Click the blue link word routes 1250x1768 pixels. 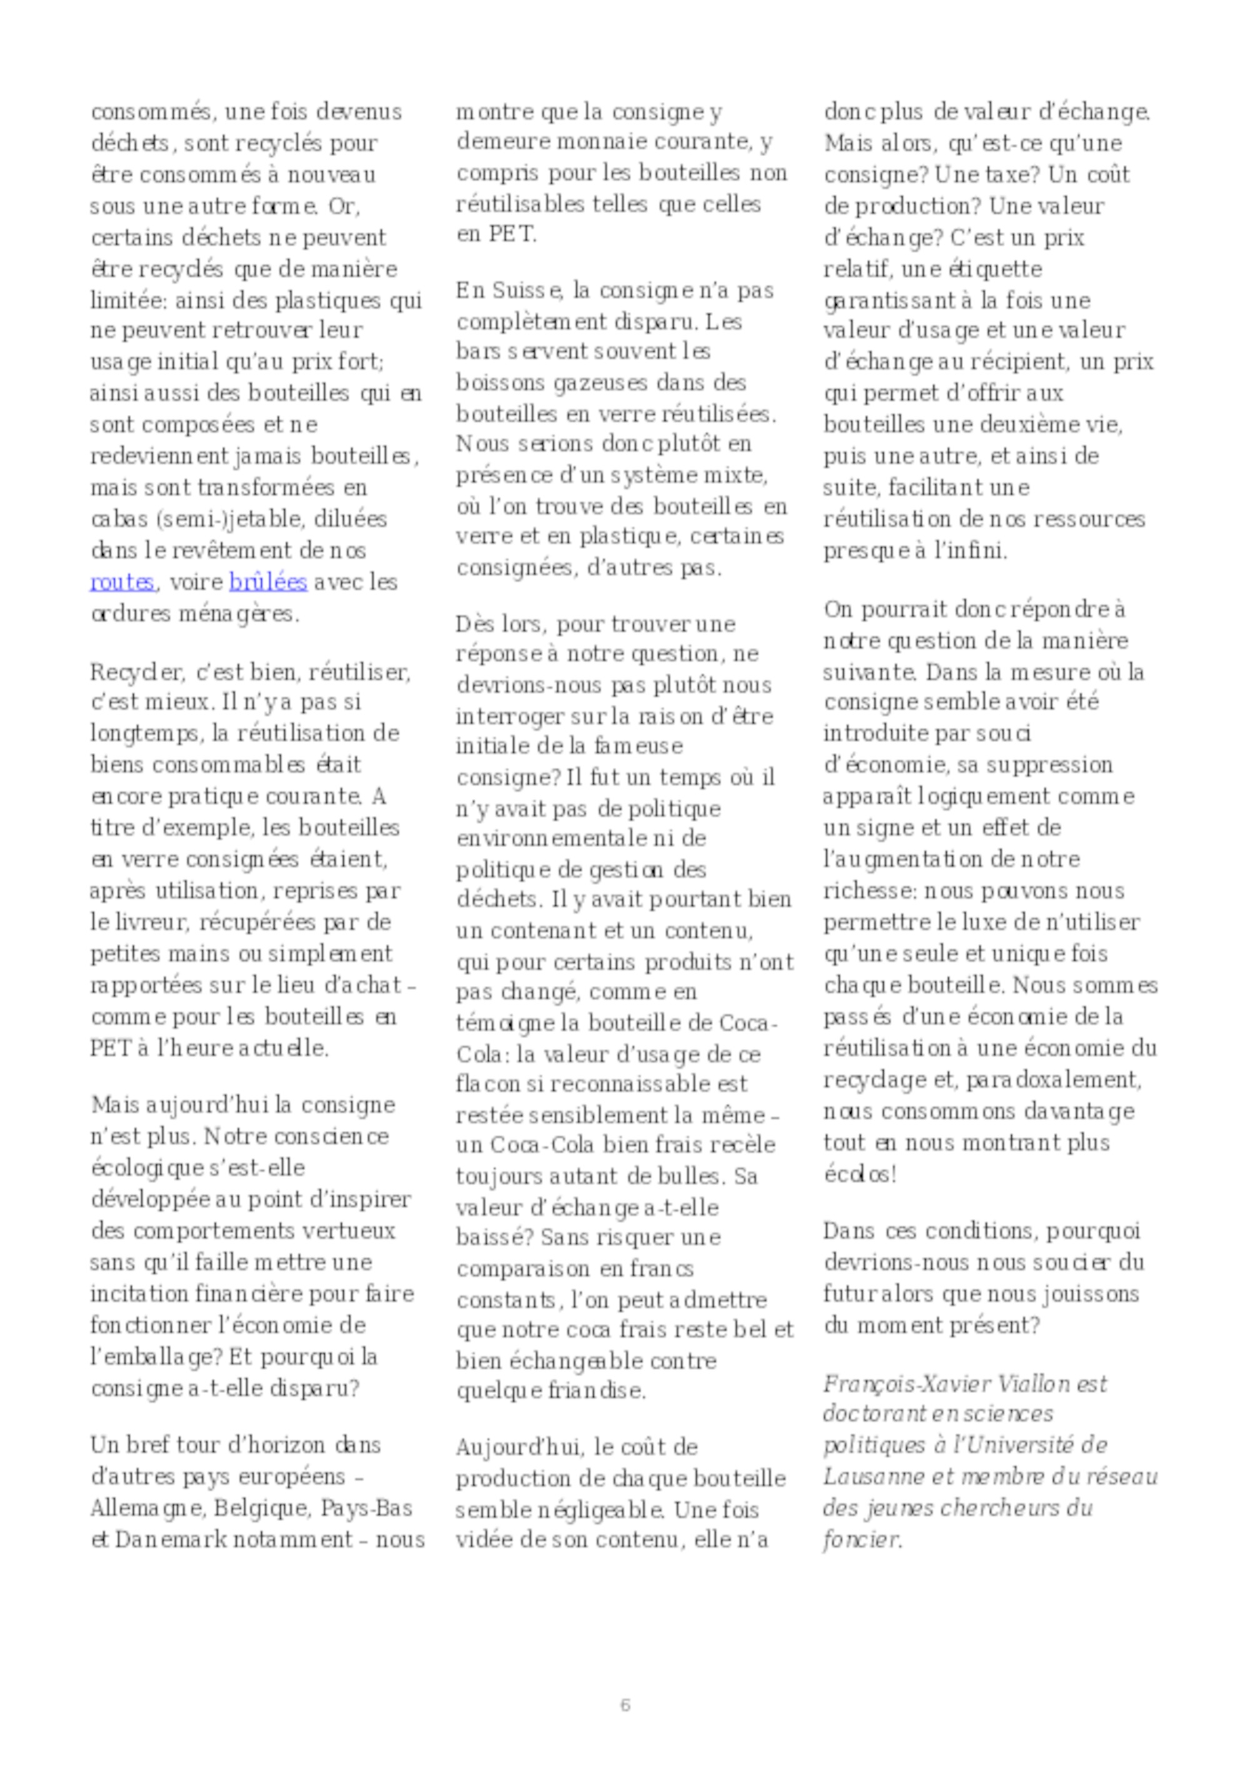[122, 582]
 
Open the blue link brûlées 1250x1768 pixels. [268, 582]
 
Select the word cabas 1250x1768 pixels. [119, 519]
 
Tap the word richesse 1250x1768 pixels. [866, 891]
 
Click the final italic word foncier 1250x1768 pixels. [860, 1540]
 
